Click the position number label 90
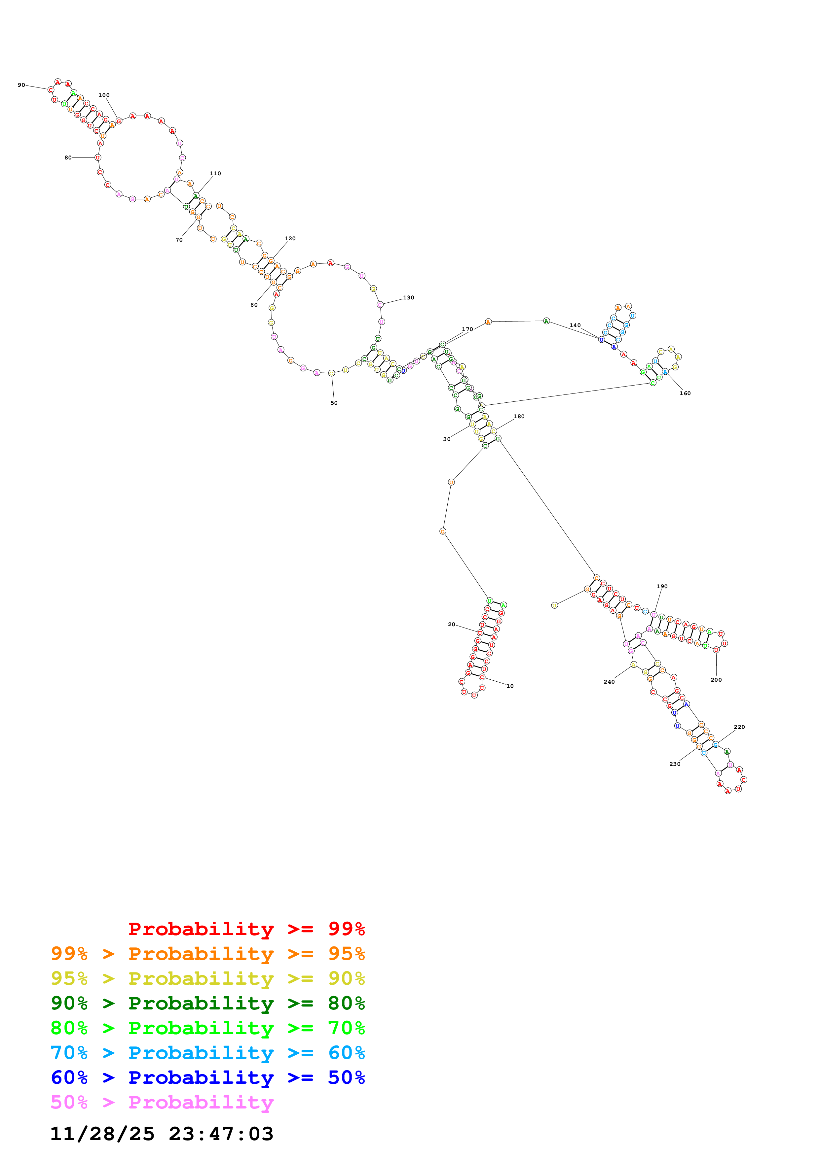coord(21,85)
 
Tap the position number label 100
coord(104,95)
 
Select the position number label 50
coord(334,403)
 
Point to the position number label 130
coord(409,297)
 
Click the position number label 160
coord(685,393)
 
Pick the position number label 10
coord(510,686)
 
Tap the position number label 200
coord(716,680)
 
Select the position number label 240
coord(609,682)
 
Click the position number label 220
coord(739,727)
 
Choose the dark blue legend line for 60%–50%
coord(208,1078)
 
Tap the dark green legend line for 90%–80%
coord(208,1004)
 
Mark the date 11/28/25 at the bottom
coord(102,1134)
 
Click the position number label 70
coord(179,240)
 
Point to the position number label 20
coord(452,625)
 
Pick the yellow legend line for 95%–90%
coord(208,979)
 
